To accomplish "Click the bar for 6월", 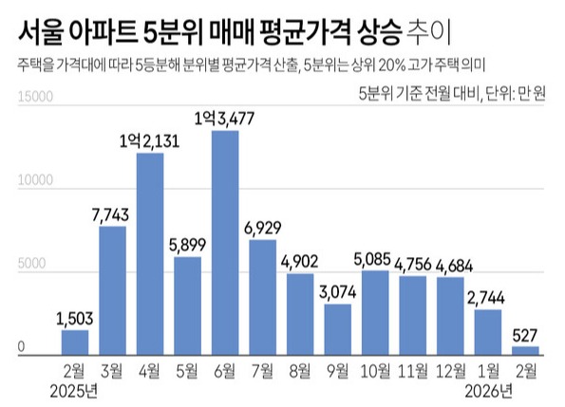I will [224, 242].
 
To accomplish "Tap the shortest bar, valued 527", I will [525, 350].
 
